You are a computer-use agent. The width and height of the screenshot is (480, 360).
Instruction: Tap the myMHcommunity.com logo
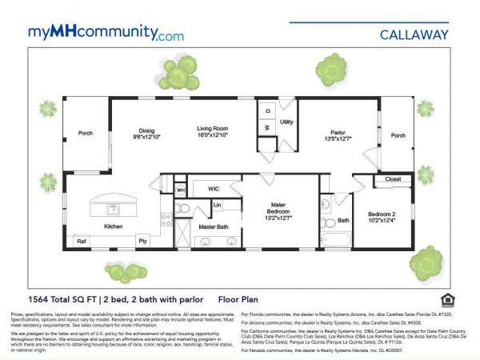coord(106,34)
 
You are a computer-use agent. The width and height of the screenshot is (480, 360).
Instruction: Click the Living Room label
coord(214,128)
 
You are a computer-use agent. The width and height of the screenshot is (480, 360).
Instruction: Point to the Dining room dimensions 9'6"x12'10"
coord(146,136)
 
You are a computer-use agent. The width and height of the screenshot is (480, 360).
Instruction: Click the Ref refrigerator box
coord(82,240)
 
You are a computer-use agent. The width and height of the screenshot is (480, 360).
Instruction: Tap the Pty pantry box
coord(142,240)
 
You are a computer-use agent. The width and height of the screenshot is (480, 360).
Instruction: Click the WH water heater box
coord(181,190)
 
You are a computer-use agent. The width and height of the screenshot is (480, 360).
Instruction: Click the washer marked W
coord(267,127)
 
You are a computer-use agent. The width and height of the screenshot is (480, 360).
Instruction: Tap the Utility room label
coord(288,122)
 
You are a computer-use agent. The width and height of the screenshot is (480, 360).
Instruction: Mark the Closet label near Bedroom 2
coord(392,179)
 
